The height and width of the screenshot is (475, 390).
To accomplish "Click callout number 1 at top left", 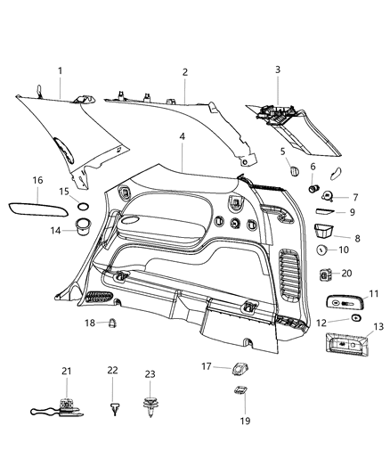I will (x=60, y=70).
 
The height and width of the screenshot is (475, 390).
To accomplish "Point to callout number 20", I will (x=347, y=273).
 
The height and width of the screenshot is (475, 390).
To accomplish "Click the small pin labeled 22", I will (x=114, y=409).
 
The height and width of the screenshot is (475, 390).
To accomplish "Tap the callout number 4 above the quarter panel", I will (x=182, y=138).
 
